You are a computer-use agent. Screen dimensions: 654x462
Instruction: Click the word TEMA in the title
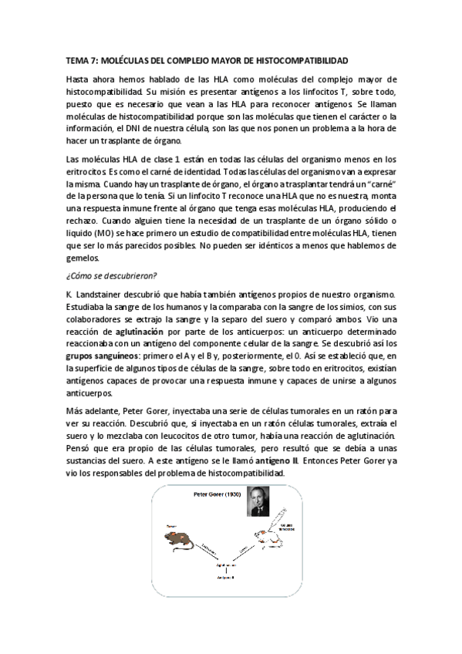tap(77, 59)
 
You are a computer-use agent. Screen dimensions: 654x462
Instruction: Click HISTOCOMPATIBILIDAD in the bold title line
tap(301, 59)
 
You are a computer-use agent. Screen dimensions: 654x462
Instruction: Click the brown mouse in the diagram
tap(180, 540)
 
